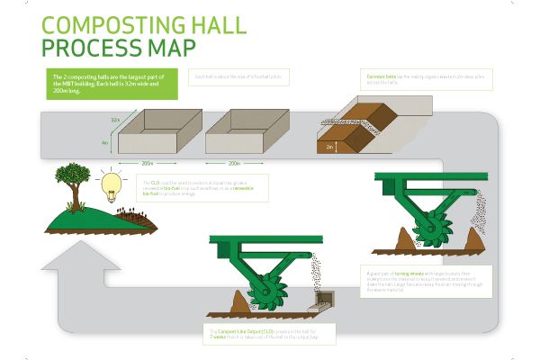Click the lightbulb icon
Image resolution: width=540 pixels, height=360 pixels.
[x=112, y=184]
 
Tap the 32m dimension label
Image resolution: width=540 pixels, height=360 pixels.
[x=114, y=120]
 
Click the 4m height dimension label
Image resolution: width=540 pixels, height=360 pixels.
[x=105, y=142]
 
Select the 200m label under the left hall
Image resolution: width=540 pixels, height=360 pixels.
[x=148, y=163]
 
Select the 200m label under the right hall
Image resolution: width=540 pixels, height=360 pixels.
[x=234, y=163]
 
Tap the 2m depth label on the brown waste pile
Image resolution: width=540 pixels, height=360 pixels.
[x=329, y=146]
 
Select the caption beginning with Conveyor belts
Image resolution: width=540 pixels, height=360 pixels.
[x=402, y=79]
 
